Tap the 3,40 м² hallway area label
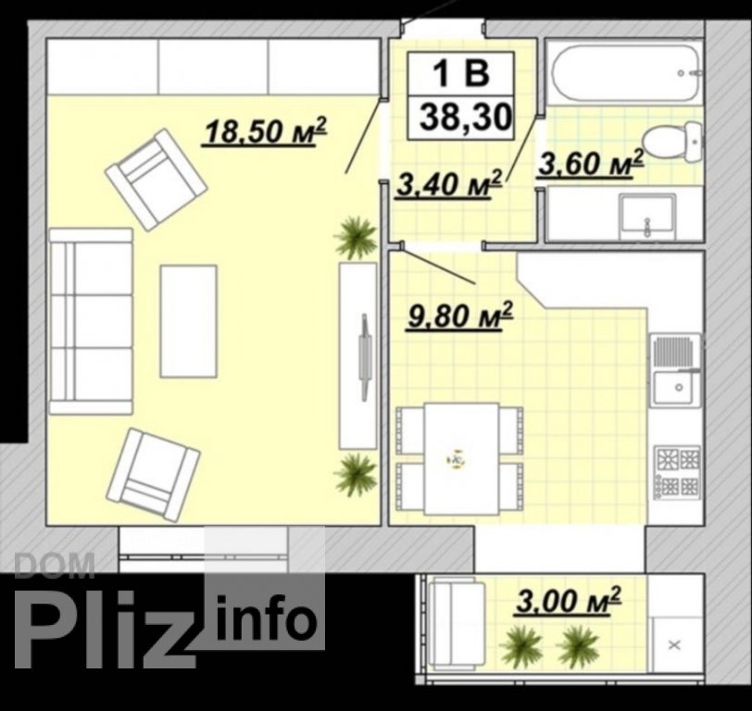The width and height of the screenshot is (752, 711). pos(449,183)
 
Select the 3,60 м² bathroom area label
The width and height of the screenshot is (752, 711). pos(590,164)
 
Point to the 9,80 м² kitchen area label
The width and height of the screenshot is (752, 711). pos(460,316)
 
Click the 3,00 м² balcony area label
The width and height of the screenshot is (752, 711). pos(569,600)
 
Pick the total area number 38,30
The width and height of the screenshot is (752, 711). pos(464,118)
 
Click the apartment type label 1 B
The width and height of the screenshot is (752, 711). pos(461,74)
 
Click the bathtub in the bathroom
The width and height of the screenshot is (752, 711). pos(626,73)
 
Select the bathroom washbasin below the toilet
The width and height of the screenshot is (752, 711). pos(647,214)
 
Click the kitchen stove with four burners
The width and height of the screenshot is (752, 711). pos(678,473)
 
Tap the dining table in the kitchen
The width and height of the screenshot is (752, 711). pos(461,458)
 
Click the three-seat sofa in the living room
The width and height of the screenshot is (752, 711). pos(91,321)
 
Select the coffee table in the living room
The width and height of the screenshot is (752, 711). pos(189,321)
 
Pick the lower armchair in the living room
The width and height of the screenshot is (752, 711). pos(153,476)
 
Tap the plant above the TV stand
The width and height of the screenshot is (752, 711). pos(356,238)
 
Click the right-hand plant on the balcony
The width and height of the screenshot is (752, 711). pos(579,647)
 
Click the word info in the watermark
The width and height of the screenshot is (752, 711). pos(267,617)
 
